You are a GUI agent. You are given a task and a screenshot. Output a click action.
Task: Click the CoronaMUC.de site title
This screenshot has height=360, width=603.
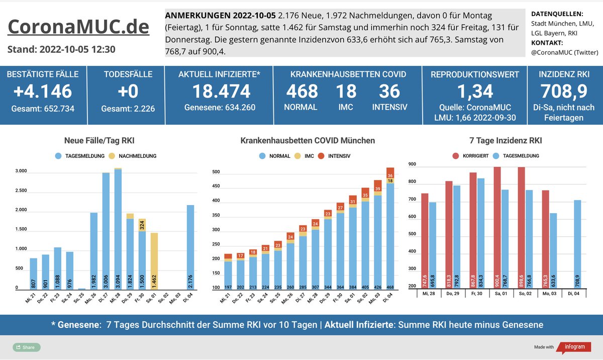pos(78,27)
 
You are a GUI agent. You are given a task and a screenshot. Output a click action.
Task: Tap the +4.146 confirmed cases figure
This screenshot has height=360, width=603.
pos(43,92)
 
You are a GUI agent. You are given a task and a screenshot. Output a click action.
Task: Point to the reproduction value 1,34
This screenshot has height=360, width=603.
pos(474,92)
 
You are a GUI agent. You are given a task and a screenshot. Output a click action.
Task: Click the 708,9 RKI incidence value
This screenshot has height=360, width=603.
pos(564,92)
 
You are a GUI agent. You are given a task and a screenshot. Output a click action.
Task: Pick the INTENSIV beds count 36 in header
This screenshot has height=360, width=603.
pos(389,92)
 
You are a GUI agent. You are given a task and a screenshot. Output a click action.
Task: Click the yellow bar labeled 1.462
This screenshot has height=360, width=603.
pos(154,261)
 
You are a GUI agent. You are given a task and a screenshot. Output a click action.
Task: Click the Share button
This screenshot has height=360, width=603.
pos(26,347)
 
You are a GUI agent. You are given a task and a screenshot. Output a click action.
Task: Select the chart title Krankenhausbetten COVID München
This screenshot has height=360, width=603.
pos(308,141)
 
